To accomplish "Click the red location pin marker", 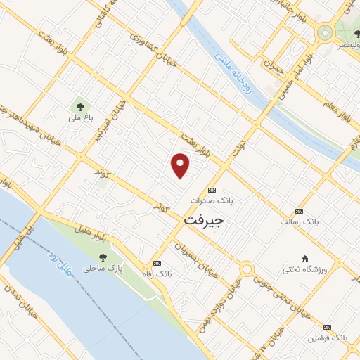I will (x=181, y=165).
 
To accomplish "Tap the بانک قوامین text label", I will (x=326, y=338).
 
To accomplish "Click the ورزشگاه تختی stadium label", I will (x=305, y=269).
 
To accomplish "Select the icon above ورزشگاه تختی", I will (x=304, y=258).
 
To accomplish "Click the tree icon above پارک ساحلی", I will (x=103, y=257).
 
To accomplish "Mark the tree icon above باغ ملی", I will (x=79, y=107).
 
